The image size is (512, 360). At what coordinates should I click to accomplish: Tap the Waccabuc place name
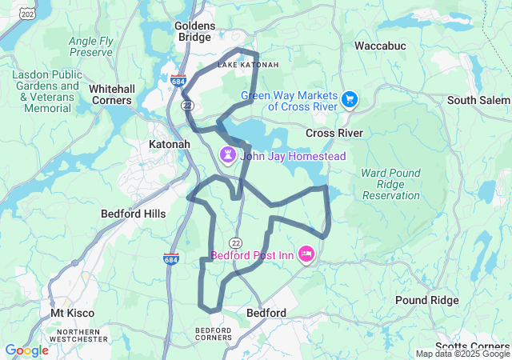(380, 46)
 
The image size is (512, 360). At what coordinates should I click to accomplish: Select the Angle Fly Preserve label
(90, 46)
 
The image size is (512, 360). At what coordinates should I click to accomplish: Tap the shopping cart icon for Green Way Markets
(350, 99)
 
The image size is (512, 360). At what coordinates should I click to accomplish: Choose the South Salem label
(478, 100)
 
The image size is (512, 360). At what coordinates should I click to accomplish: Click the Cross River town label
(334, 133)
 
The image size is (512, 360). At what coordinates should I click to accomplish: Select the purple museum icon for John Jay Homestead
(227, 153)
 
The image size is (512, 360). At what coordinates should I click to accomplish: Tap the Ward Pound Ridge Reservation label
(390, 184)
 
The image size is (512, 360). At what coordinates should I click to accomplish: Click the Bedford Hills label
(133, 214)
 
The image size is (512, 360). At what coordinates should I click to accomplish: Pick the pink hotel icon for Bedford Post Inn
(306, 255)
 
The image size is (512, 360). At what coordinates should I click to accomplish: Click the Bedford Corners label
(214, 334)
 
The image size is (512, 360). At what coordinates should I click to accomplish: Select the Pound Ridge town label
(427, 300)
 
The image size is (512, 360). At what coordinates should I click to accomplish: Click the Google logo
(26, 350)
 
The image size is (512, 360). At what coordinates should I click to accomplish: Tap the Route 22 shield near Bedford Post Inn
(235, 242)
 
